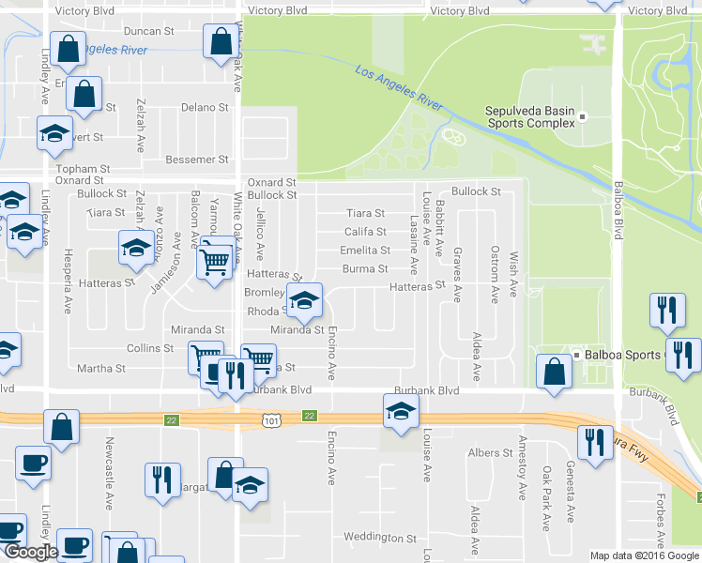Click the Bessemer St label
point(196,160)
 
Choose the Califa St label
point(365,232)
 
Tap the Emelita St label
point(365,251)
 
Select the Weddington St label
point(379,538)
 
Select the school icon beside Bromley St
point(303,300)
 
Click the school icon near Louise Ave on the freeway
point(401,410)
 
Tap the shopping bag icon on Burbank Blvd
point(554,371)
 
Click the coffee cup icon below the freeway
point(33,462)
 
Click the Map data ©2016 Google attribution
point(645,555)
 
